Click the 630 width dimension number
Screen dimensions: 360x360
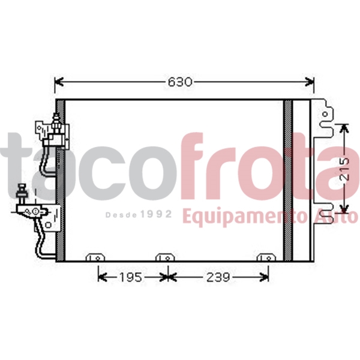coord(180,82)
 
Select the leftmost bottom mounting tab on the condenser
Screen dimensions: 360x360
coord(95,258)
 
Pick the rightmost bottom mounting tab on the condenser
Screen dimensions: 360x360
coord(265,258)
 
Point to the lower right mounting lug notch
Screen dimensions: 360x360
coord(325,214)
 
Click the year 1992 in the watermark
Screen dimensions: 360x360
coord(157,214)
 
